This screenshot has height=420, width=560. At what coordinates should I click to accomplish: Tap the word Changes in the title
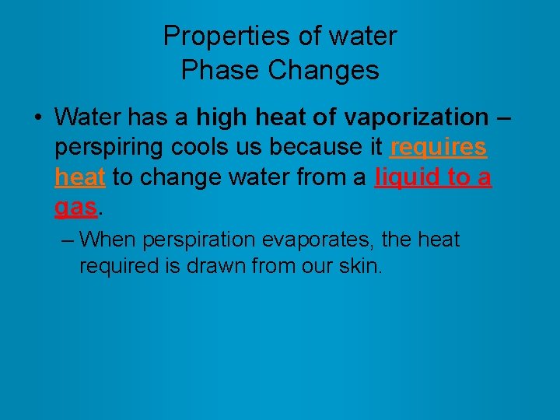click(x=324, y=70)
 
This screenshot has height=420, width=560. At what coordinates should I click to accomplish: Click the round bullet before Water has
click(x=37, y=118)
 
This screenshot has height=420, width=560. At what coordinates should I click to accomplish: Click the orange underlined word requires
click(x=439, y=147)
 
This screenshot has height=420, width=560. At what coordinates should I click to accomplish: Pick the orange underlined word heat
click(x=80, y=177)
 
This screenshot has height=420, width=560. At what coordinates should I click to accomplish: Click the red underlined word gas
click(x=76, y=208)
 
